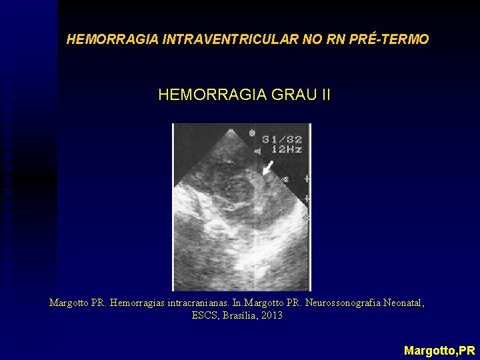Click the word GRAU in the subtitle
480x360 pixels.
point(293,95)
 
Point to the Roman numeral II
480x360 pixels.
point(325,95)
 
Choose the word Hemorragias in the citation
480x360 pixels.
point(139,303)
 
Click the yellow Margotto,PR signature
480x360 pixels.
point(439,349)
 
